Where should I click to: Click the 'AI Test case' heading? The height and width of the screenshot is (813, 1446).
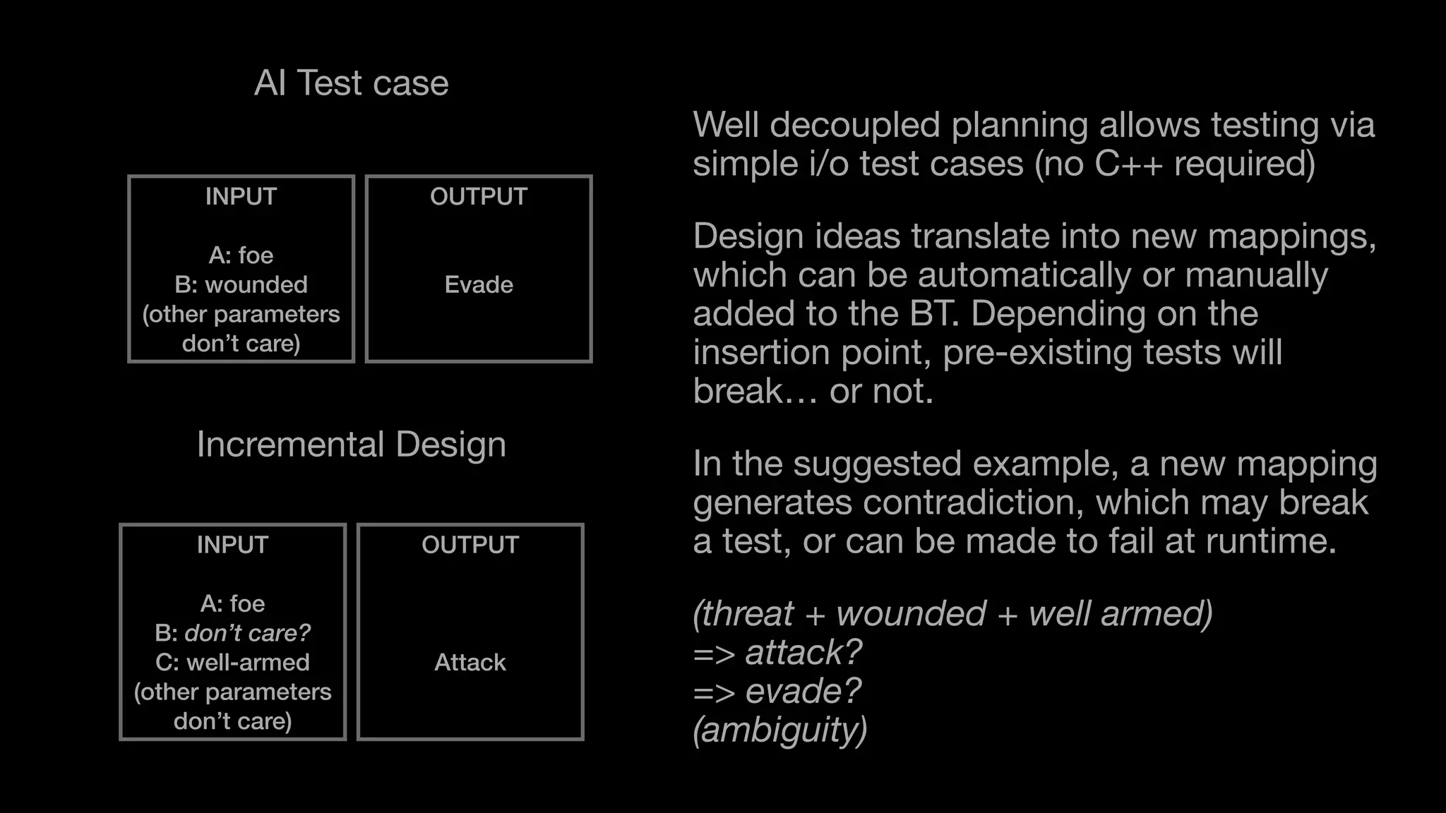(351, 83)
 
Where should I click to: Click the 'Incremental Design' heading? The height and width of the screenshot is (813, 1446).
(351, 445)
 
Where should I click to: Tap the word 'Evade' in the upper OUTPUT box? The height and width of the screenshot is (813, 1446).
(479, 284)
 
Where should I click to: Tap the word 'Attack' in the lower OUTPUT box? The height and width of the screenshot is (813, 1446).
(470, 662)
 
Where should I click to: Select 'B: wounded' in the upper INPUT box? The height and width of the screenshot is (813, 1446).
(241, 284)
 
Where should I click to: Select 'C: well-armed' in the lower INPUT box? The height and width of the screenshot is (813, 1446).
(232, 662)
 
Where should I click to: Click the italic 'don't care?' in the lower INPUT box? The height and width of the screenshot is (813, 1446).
(247, 633)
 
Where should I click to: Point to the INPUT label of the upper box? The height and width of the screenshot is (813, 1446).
(241, 196)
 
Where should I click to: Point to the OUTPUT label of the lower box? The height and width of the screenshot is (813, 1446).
(470, 545)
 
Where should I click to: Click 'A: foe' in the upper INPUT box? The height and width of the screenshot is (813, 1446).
(241, 255)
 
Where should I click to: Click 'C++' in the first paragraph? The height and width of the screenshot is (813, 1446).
(1128, 164)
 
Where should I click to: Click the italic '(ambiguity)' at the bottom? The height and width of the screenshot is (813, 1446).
(779, 730)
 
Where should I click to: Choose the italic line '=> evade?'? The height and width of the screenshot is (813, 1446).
(777, 691)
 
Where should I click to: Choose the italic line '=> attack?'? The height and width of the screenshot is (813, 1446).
(777, 652)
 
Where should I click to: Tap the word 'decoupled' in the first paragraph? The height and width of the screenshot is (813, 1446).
(854, 125)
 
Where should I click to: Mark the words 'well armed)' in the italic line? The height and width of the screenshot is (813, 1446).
(1121, 613)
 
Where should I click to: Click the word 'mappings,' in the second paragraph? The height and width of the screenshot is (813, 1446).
(1291, 236)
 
